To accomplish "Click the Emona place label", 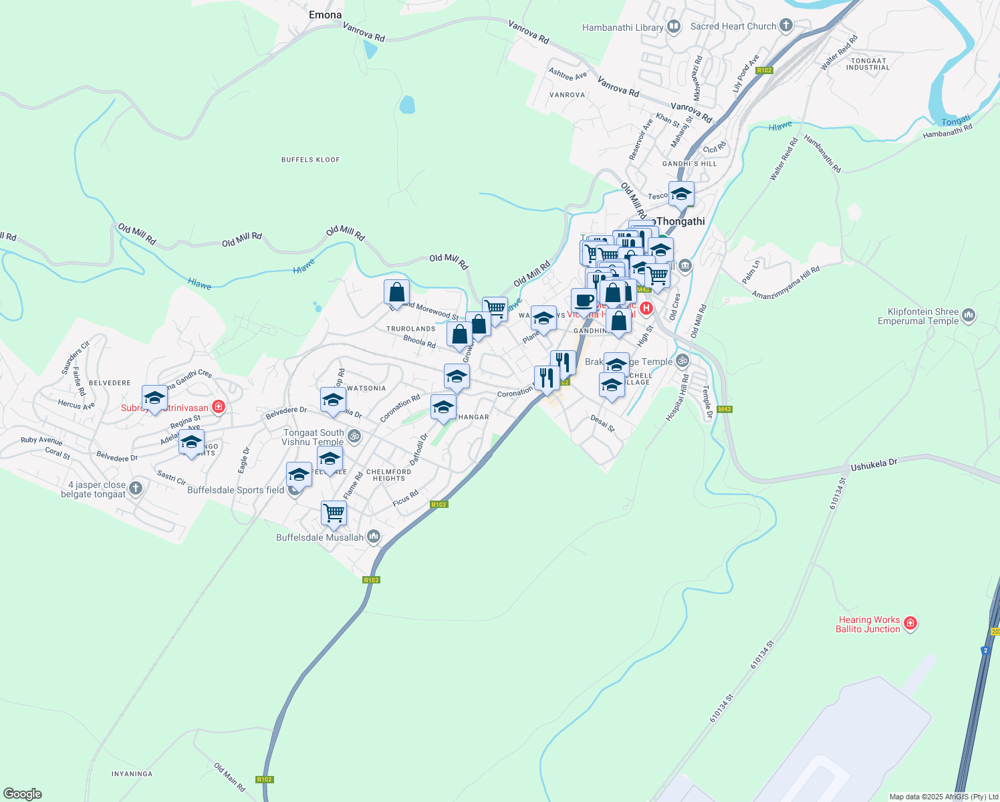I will point(326,15).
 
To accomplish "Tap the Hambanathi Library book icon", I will point(674,27).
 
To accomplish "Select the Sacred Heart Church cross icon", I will point(786,26).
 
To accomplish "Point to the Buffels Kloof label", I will point(310,160).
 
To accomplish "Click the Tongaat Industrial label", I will point(868,64).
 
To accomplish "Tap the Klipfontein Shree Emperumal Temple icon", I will point(969,315).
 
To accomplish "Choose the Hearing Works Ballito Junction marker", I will point(910,624).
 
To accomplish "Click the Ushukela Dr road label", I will point(874,465).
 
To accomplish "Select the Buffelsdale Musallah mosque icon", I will point(374,536).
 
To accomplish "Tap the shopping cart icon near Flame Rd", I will point(334,513).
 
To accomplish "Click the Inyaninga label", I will point(132,774).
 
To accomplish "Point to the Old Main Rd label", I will point(229,777).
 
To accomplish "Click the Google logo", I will point(23,794).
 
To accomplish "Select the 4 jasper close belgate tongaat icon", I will point(136,488).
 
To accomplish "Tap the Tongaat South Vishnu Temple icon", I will point(354,436).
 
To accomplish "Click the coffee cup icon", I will point(584,300).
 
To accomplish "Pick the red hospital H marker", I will point(646,308).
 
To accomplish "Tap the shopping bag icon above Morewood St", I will point(396,292).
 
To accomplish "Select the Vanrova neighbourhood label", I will point(567,95).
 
